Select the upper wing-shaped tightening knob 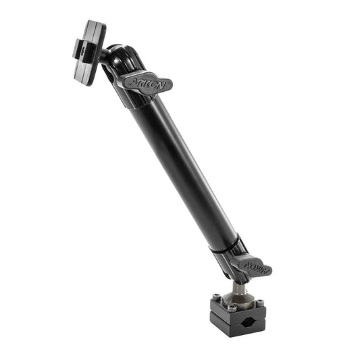(x=145, y=82)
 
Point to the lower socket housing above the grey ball (x=230, y=260)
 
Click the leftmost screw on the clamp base (x=215, y=297)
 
